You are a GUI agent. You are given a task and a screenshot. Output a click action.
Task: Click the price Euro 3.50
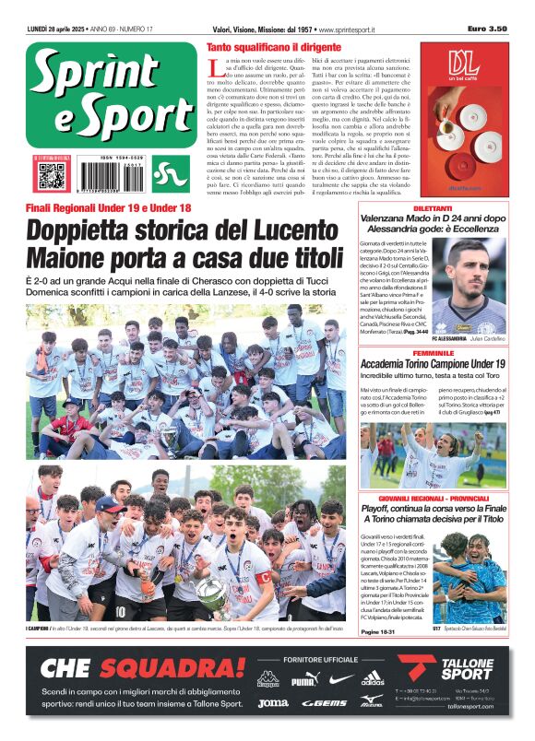point(487,29)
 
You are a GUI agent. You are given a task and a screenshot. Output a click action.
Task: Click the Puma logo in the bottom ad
point(303,681)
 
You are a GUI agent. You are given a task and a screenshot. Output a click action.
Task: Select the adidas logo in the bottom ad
point(373,680)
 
